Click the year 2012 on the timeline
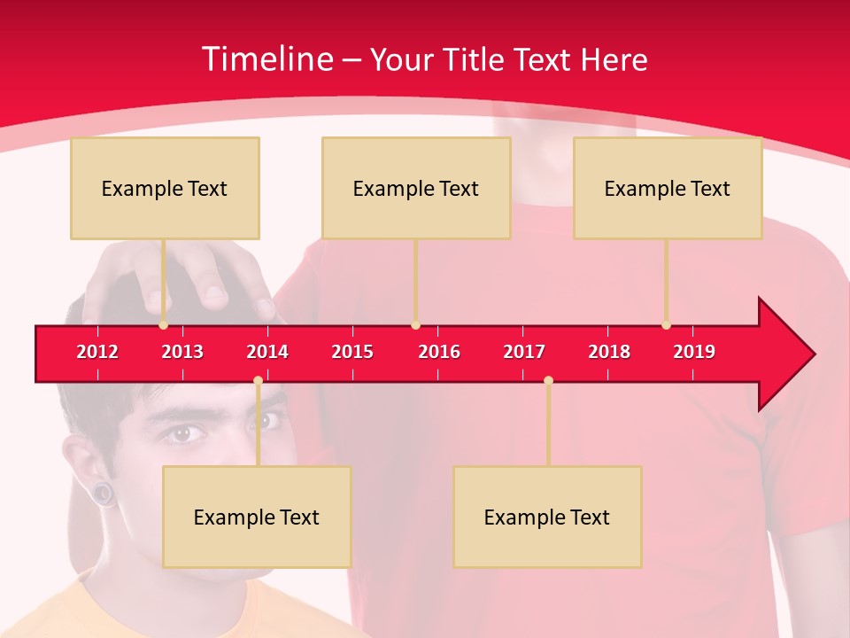tap(97, 352)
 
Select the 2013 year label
tap(182, 352)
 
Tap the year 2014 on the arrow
tap(267, 352)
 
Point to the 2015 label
tap(352, 352)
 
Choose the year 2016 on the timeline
tap(439, 352)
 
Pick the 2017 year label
tap(524, 352)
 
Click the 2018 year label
tap(609, 352)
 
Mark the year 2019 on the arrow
tap(694, 352)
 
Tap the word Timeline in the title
tap(267, 59)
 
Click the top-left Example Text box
tap(165, 188)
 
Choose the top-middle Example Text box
tap(416, 188)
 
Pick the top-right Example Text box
tap(668, 188)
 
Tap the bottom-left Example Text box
tap(257, 517)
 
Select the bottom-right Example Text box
tap(547, 517)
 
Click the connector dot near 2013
tap(164, 325)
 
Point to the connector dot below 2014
tap(258, 381)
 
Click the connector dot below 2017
tap(548, 381)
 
